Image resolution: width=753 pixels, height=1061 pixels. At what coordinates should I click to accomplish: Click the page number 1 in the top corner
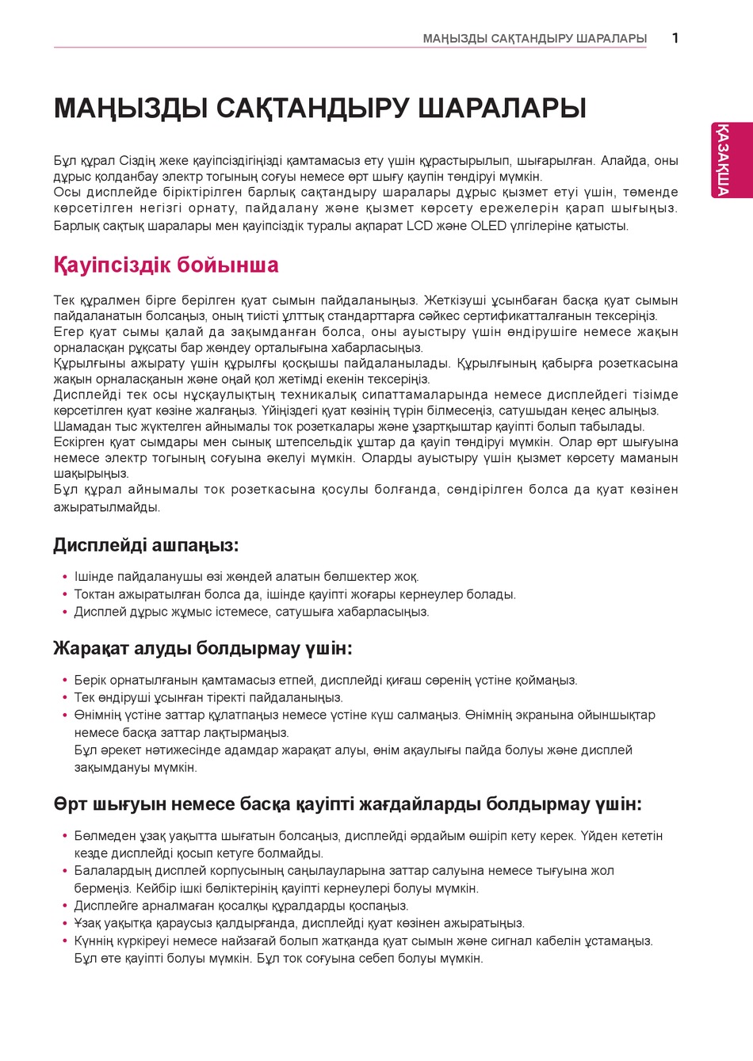(x=675, y=37)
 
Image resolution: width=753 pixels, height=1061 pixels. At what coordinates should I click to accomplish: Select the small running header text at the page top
(x=534, y=38)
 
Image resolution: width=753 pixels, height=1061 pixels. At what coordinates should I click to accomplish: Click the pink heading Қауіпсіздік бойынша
(x=166, y=265)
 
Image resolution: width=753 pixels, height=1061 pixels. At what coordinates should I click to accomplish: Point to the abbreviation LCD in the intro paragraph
(x=420, y=226)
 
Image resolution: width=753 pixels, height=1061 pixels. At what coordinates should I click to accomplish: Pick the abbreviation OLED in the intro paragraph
(x=488, y=226)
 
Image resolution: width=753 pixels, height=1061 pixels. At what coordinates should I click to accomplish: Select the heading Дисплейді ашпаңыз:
(x=146, y=545)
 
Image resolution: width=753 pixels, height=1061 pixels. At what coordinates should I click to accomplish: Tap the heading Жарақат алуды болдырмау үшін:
(x=202, y=648)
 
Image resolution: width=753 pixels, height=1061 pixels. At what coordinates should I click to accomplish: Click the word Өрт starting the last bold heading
(x=71, y=804)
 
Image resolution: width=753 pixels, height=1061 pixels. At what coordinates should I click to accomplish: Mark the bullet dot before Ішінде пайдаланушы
(x=65, y=577)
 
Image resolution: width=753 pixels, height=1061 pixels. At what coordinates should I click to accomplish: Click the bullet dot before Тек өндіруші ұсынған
(x=65, y=698)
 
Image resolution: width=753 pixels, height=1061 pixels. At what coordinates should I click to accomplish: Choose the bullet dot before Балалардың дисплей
(x=65, y=871)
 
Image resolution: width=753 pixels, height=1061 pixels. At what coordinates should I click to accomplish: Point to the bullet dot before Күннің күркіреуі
(x=65, y=941)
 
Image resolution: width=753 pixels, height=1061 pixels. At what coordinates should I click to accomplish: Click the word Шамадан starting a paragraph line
(x=80, y=426)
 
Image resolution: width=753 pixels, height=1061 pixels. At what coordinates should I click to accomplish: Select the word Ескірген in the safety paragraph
(x=79, y=442)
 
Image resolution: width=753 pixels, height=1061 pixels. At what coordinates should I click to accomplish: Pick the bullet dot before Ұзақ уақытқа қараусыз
(x=65, y=924)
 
